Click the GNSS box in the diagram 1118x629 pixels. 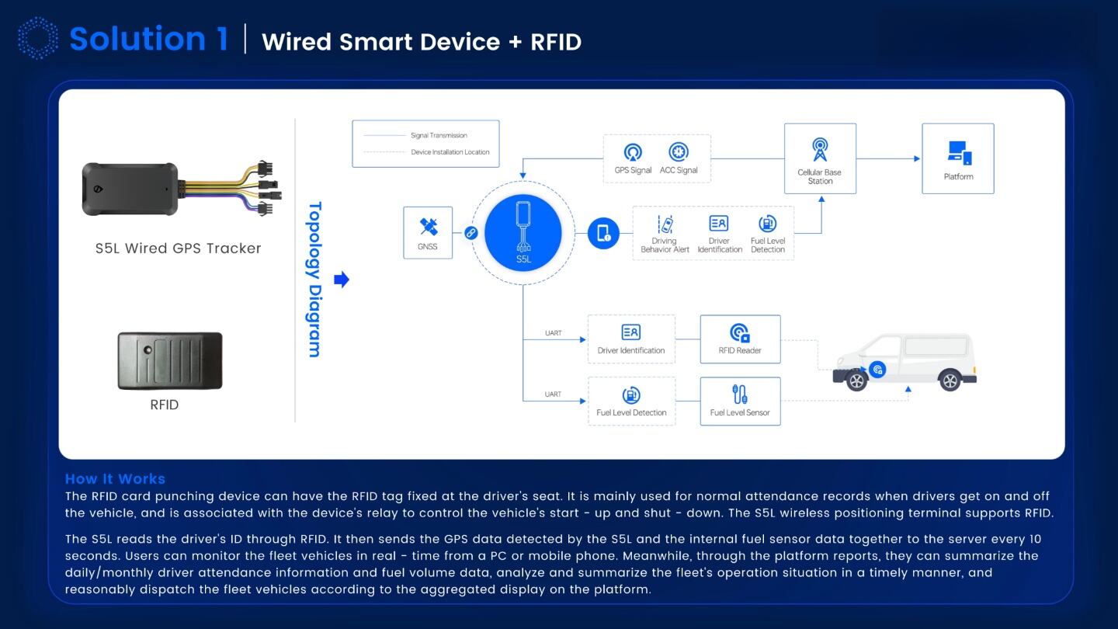[x=428, y=232]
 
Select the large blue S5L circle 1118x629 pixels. [x=523, y=233]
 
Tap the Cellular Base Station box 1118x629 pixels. [x=820, y=158]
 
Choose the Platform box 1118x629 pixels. [x=958, y=158]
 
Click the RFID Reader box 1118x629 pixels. [x=740, y=339]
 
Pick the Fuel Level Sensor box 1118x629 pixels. [x=740, y=401]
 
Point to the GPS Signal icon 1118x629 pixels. [x=633, y=152]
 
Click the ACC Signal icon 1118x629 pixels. [x=679, y=152]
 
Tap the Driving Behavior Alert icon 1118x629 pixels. [x=665, y=224]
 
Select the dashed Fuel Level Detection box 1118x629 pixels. [x=631, y=401]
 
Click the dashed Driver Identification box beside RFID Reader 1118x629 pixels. [x=631, y=339]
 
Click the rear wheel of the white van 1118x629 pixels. [x=950, y=381]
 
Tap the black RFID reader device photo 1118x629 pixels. [x=170, y=360]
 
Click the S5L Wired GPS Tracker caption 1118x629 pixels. [x=178, y=248]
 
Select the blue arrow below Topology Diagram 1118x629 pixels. [x=341, y=280]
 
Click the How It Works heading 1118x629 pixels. [x=115, y=479]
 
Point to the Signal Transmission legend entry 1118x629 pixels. [x=439, y=136]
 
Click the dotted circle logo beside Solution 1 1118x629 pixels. [x=37, y=39]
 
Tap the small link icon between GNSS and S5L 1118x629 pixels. [x=470, y=232]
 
